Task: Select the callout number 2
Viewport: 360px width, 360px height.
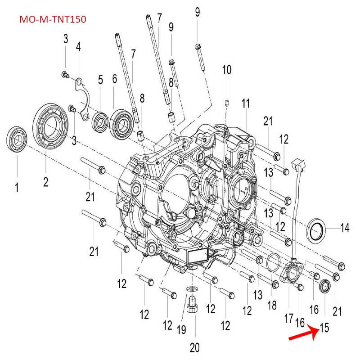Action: pos(46,182)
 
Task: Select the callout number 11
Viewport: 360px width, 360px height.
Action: pos(245,103)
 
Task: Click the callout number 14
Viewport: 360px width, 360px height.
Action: pos(345,228)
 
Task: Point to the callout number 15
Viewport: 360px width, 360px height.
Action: pos(324,328)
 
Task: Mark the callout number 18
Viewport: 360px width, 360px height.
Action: pos(272,306)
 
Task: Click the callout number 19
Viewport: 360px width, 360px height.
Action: pos(181,329)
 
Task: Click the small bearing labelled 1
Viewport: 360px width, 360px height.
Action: pos(17,139)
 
